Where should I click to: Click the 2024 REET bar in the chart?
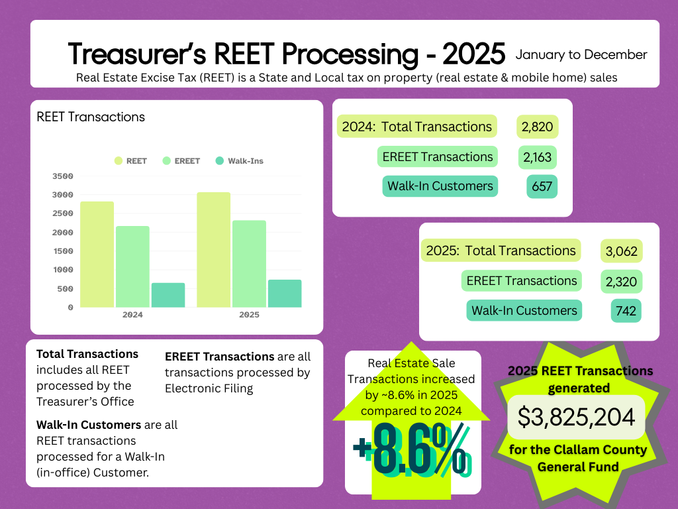coord(97,254)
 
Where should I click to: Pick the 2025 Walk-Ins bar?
coord(285,294)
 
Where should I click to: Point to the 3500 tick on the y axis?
coord(62,176)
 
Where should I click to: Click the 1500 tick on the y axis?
coord(62,251)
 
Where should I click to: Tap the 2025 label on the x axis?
coord(249,315)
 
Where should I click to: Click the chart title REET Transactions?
coord(91,117)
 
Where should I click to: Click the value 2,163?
coord(536,157)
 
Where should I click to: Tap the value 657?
coord(542,187)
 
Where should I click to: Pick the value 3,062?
coord(621,252)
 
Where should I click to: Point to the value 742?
coord(626,311)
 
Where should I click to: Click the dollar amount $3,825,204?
coord(576,417)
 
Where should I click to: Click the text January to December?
coord(581,54)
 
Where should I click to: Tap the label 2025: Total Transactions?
coord(501,251)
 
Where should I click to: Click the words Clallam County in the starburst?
coord(599,451)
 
